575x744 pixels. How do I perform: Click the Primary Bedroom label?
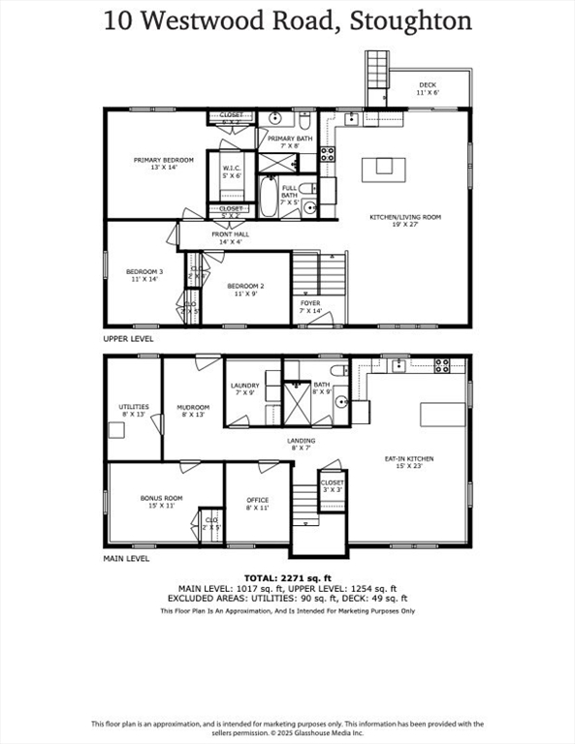164,164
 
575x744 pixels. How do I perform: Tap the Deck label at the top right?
428,89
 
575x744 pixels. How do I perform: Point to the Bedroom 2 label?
246,290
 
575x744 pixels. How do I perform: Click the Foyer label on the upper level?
309,307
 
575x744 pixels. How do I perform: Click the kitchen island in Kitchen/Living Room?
384,168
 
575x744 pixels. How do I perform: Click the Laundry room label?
244,389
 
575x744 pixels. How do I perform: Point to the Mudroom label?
193,411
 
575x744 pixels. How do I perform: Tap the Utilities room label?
134,411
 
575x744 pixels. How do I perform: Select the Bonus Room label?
162,502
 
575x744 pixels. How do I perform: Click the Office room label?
257,504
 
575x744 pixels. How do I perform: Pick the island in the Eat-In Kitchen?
442,414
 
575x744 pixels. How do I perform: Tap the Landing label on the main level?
302,444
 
